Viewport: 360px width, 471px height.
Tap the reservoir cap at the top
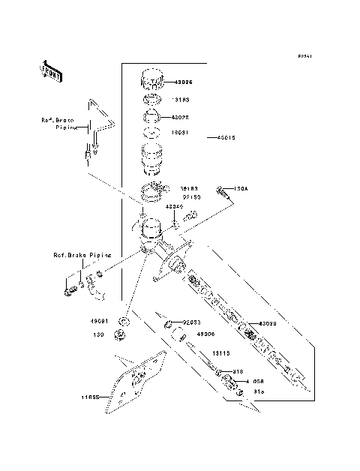point(153,79)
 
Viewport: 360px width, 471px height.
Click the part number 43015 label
point(227,138)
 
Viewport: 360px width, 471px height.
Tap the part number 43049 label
point(175,206)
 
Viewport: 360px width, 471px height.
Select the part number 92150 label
point(191,198)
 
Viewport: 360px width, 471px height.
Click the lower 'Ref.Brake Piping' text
point(81,255)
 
